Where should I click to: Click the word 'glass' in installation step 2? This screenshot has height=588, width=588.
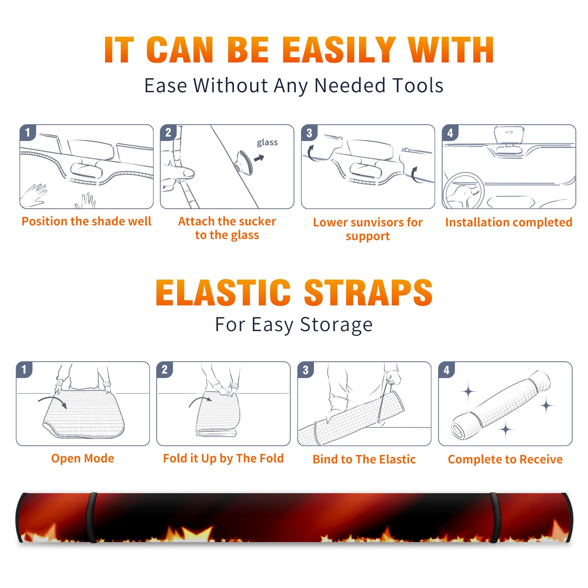[x=267, y=143]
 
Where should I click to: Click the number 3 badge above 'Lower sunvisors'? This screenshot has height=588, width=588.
[x=309, y=133]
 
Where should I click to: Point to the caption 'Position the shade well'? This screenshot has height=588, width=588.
[x=86, y=221]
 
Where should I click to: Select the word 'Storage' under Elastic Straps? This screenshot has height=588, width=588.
[x=336, y=325]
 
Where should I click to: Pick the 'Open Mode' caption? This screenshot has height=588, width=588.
[x=83, y=458]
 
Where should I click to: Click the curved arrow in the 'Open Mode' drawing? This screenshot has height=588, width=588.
[x=53, y=401]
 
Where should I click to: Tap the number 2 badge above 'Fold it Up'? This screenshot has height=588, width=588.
[x=165, y=369]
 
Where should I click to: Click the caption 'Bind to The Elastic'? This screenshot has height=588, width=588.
[x=364, y=459]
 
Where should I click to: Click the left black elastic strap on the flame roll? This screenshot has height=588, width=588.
[x=92, y=517]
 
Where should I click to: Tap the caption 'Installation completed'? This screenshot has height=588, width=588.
[x=509, y=222]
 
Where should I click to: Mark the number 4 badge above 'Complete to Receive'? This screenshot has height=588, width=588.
[x=447, y=369]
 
